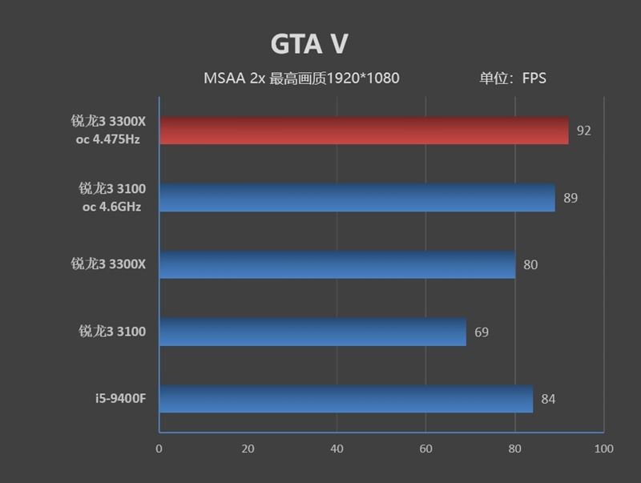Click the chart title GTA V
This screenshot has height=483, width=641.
(309, 44)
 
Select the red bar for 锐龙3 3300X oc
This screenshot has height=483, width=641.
(364, 131)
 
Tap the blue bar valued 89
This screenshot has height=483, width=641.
(357, 198)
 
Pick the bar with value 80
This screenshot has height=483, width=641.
(337, 264)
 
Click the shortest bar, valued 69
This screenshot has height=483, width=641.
(312, 332)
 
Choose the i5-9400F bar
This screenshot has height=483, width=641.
(346, 399)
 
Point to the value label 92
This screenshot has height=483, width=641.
(583, 131)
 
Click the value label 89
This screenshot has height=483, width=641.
(570, 198)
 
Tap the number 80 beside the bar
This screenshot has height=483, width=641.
(530, 264)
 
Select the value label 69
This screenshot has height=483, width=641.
(482, 332)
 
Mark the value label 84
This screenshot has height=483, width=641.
(548, 399)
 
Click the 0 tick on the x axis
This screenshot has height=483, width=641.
(159, 449)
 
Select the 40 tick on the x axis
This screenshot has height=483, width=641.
(337, 449)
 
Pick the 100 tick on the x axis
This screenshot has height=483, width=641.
(603, 449)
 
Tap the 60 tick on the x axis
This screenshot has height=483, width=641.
(425, 449)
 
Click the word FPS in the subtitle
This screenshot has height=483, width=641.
(534, 78)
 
